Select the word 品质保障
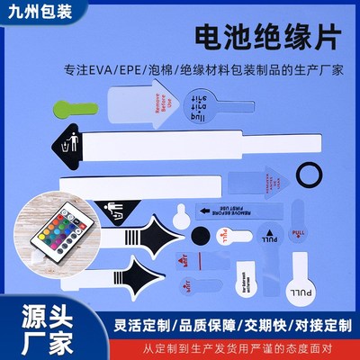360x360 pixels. (200, 317)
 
